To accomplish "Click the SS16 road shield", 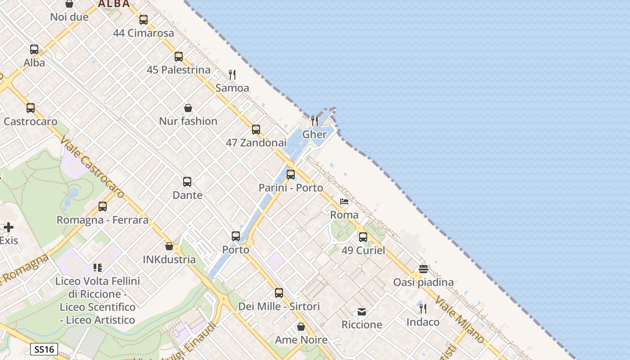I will tap(44, 349).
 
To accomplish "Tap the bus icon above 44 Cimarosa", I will tap(144, 20).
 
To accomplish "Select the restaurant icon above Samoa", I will tap(232, 74).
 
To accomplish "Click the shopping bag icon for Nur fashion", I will tap(188, 108).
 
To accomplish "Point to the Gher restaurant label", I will tap(315, 134).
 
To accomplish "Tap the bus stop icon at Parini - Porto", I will tap(291, 175).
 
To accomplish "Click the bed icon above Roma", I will tap(344, 202).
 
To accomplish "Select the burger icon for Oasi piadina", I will tap(423, 269).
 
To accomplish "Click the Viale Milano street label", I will tap(459, 320).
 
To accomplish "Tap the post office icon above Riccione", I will tap(362, 311).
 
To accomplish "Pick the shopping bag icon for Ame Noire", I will tap(301, 327).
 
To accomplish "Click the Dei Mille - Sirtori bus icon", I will tap(279, 293).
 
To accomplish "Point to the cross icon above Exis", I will tap(9, 227).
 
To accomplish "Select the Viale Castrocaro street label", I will tap(92, 167).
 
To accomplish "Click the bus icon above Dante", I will tap(187, 182).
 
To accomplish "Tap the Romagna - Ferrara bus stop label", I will tap(102, 220).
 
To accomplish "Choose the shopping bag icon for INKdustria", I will tap(169, 246).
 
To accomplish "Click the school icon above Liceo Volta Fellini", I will tap(98, 268).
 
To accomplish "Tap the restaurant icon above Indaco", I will tap(423, 308).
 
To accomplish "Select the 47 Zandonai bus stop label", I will tap(256, 143).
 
